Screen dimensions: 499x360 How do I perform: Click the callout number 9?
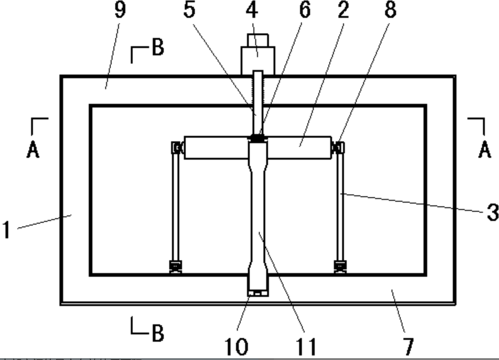(119, 10)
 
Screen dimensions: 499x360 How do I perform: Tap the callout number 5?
(189, 10)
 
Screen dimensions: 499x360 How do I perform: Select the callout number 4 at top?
(252, 10)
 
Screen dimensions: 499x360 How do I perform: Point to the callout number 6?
(305, 10)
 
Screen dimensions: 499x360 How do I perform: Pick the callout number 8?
(390, 10)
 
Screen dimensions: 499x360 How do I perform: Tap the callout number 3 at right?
(492, 212)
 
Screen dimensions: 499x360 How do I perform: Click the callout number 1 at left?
(6, 229)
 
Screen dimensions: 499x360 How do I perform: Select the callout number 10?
(236, 346)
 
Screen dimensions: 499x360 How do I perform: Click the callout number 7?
(408, 346)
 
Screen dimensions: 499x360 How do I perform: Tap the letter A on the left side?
(32, 149)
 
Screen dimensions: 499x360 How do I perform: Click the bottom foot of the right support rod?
(340, 266)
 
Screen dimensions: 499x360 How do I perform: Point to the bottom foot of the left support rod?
(176, 266)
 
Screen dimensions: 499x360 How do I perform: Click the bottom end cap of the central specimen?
(258, 292)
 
